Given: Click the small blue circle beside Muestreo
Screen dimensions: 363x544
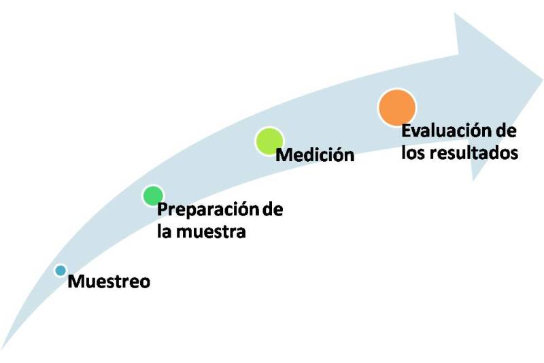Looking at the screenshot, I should (x=61, y=271).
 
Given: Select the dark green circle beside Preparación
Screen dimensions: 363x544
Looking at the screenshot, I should (x=153, y=196).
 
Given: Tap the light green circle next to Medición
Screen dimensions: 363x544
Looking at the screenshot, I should (x=268, y=141).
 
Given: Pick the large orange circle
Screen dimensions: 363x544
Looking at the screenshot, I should (x=396, y=107).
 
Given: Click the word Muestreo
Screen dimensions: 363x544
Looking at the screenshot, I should (x=109, y=281).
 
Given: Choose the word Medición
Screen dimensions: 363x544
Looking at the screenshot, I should (x=315, y=155).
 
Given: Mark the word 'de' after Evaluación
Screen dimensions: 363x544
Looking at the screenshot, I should (x=506, y=131).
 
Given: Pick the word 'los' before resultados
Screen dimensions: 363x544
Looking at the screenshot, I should (x=413, y=152).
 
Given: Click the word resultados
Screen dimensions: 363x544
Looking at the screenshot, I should (x=474, y=152).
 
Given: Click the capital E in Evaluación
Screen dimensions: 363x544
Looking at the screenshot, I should (x=406, y=131).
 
